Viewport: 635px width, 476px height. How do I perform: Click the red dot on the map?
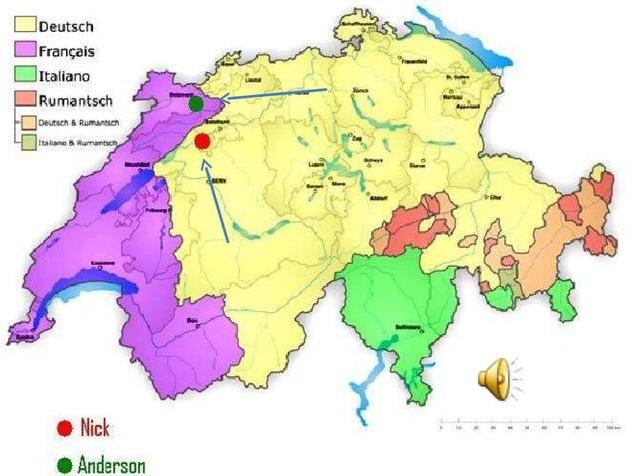(x=203, y=141)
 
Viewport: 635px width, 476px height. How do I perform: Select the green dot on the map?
(x=197, y=103)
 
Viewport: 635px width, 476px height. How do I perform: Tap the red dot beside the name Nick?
(x=63, y=429)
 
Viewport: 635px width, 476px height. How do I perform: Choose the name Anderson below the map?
(x=110, y=464)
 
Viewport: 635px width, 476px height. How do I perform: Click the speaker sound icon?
(x=496, y=379)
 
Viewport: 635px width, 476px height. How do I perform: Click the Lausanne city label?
(x=101, y=263)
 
